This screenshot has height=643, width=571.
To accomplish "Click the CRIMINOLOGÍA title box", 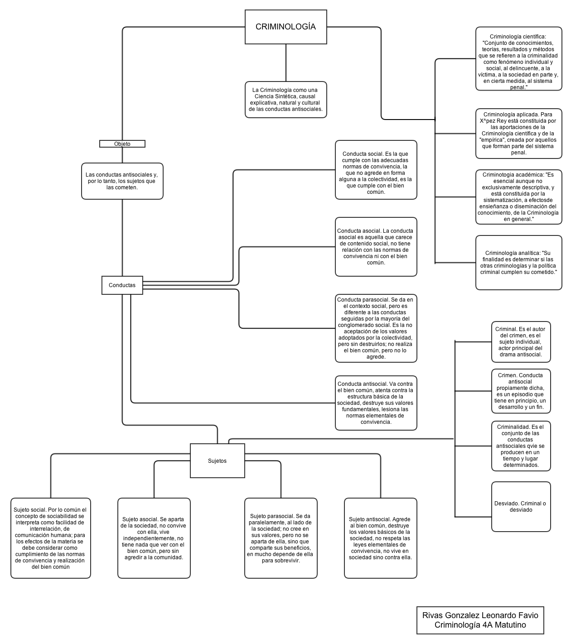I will coord(285,27).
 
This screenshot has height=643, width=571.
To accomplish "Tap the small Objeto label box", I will coord(122,144).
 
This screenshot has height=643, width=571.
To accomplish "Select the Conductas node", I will coord(122,285).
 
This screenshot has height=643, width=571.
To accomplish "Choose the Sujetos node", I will coord(217,461).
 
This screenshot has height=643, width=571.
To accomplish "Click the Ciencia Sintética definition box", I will coord(285,100).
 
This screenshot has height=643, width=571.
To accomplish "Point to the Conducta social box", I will coord(376,170).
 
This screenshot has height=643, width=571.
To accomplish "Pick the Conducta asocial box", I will coord(376,247).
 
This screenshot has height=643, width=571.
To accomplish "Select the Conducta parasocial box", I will coord(376,328).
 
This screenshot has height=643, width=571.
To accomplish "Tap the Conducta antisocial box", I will coord(376,403).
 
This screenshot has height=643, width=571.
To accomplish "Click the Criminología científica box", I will coord(518,59).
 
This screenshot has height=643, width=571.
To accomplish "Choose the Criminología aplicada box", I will coord(518,134).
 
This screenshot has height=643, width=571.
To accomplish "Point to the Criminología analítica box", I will coord(518,263).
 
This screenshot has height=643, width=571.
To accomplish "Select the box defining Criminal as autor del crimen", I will coord(521,342).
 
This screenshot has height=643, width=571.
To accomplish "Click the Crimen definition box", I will coord(521,391).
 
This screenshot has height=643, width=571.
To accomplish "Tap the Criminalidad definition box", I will coord(521,446).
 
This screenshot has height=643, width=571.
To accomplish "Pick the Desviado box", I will coord(521,507).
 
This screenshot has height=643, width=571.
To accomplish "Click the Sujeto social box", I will coord(50,538).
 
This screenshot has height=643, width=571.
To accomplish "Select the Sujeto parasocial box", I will coord(281,538).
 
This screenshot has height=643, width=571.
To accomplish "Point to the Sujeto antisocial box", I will coord(380,538).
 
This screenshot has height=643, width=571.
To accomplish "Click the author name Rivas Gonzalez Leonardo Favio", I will coord(480,615).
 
